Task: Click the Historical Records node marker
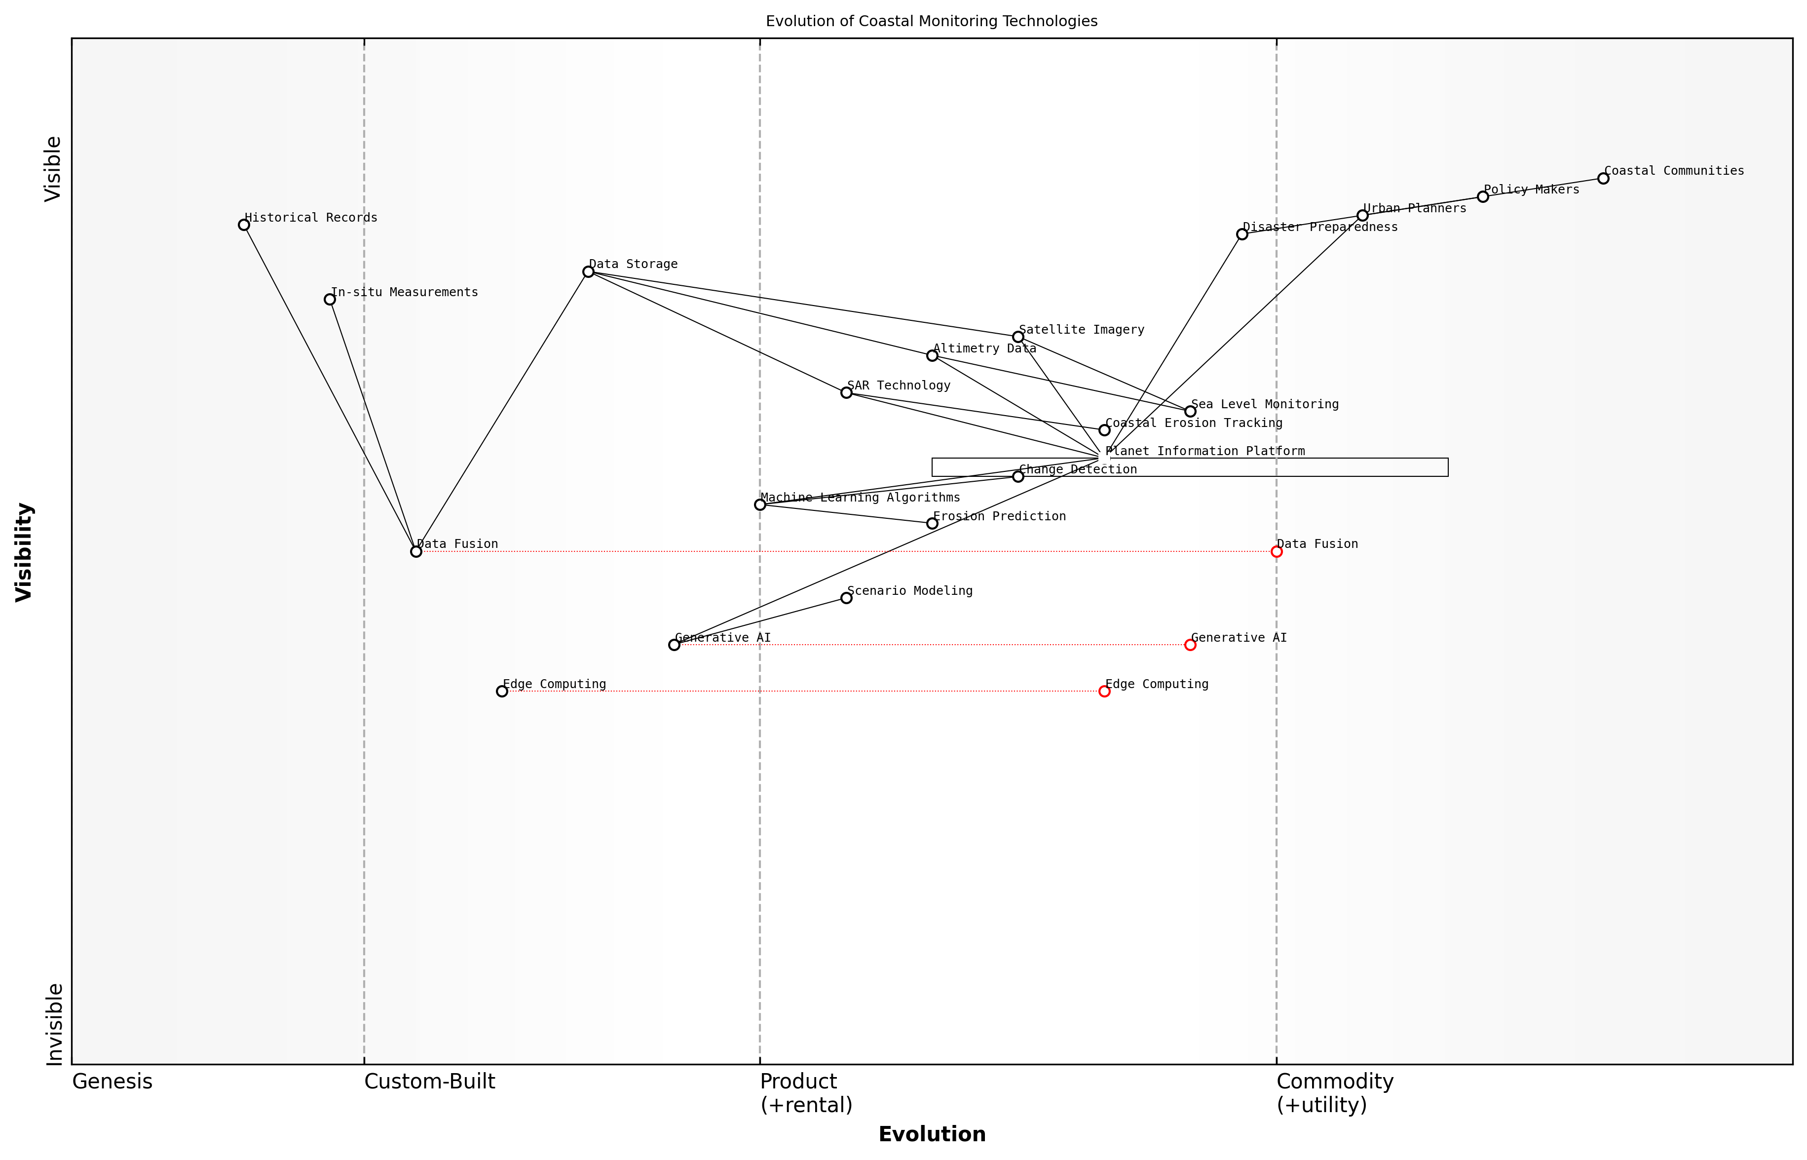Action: [x=244, y=225]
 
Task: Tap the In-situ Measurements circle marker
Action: [x=330, y=300]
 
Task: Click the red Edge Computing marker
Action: [x=1104, y=692]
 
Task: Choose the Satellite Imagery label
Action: [x=1081, y=330]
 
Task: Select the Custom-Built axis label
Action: [x=430, y=1082]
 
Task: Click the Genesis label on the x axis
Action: [x=112, y=1082]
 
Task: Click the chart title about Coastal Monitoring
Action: [x=931, y=21]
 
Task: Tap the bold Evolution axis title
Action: [x=931, y=1134]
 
